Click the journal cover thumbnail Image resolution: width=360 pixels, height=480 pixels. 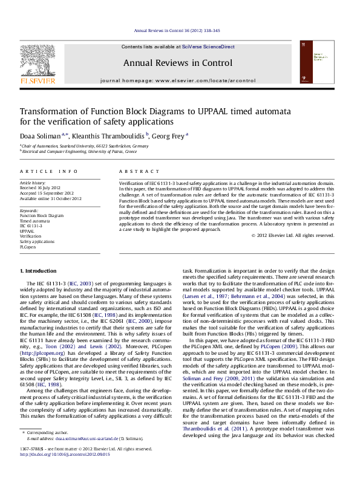click(324, 63)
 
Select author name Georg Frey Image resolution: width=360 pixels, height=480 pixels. click(168, 136)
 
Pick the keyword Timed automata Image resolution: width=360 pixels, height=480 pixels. click(35, 221)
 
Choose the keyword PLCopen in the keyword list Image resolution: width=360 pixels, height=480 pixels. click(28, 247)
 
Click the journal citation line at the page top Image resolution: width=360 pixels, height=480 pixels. click(177, 30)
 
